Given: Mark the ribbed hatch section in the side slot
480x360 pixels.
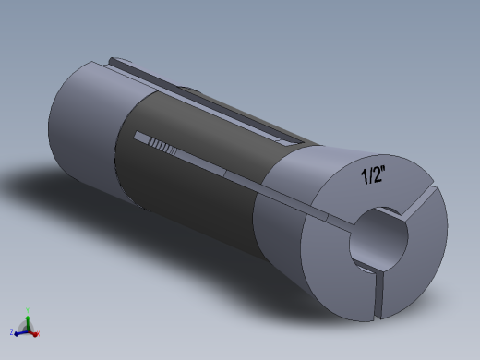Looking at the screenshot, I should click(162, 145).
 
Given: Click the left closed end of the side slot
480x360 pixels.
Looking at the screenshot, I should click(138, 138).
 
